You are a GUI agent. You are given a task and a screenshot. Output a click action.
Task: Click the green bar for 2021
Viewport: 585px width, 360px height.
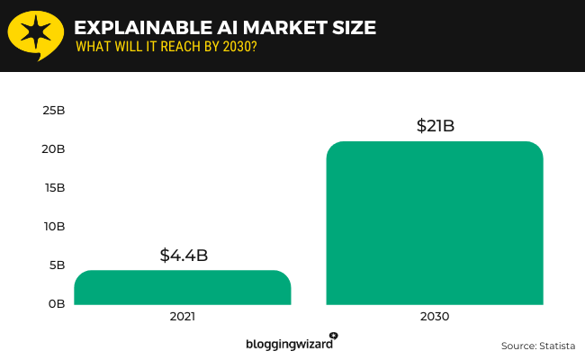point(182,287)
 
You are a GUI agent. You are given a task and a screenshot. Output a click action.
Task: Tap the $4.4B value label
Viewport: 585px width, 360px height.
point(184,255)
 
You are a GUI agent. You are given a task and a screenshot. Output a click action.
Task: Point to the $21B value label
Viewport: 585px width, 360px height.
point(435,126)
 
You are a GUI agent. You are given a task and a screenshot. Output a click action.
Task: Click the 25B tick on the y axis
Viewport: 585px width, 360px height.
point(53,111)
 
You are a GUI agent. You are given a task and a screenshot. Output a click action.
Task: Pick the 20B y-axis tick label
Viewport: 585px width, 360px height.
point(53,149)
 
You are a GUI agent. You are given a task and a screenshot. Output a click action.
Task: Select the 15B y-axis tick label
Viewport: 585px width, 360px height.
point(53,188)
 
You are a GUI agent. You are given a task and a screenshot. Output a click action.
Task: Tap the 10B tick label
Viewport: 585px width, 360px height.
point(53,227)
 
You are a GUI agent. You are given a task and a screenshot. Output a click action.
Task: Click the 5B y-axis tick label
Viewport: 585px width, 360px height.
point(55,265)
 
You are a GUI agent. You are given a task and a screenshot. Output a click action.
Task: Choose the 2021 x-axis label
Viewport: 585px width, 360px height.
point(182,318)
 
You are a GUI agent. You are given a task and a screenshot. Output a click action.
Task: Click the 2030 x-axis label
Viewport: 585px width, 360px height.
point(435,318)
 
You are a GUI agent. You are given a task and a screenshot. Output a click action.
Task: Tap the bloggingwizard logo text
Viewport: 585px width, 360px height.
point(287,344)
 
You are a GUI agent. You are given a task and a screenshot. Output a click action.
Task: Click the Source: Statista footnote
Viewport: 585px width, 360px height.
point(536,345)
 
